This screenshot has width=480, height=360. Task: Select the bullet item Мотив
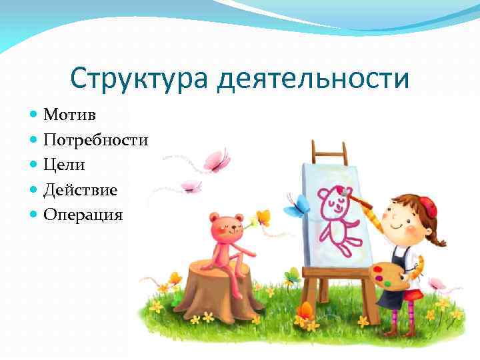coord(69,115)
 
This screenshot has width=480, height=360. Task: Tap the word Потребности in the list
coord(95,140)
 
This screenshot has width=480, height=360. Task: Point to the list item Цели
coord(65,165)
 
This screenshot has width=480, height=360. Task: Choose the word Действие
coord(81,190)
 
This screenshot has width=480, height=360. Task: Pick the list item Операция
coord(83,215)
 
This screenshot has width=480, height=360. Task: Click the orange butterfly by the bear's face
coord(263,217)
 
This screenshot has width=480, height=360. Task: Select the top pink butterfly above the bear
coord(217,160)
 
